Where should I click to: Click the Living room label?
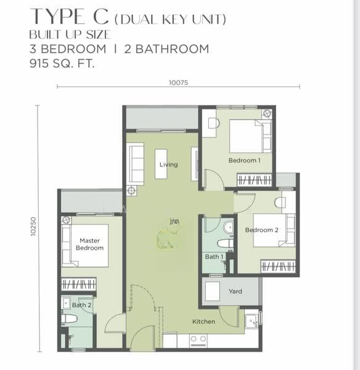[168, 165]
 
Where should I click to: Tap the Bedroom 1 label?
[244, 160]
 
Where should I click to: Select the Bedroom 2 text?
[261, 230]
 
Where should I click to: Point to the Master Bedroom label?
[89, 244]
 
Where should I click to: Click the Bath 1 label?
[214, 257]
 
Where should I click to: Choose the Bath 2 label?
[81, 305]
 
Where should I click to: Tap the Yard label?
[235, 292]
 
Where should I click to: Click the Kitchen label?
[203, 321]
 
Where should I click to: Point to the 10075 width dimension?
[178, 83]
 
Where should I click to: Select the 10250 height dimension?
[33, 226]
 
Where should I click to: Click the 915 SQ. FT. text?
[62, 64]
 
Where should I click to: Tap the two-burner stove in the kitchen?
[198, 341]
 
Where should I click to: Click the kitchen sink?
[252, 321]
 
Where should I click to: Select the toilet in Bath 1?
[225, 244]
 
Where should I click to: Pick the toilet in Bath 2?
[70, 319]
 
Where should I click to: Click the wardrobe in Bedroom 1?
[254, 180]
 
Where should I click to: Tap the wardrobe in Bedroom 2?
[278, 266]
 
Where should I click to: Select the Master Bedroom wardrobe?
[78, 284]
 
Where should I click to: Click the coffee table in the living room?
[161, 164]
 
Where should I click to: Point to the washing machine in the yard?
[212, 291]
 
